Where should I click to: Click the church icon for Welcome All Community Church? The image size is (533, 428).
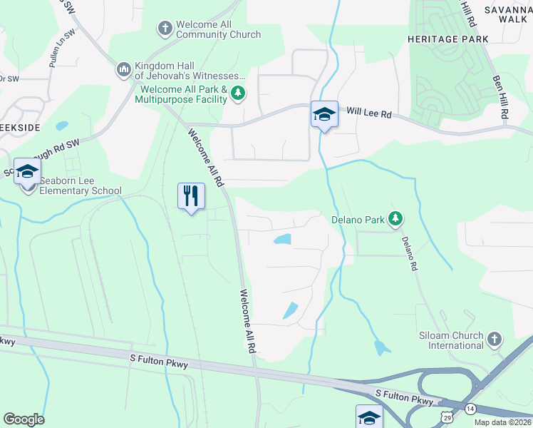pos(165,29)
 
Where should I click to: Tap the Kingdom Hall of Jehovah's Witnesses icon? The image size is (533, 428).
pos(123,69)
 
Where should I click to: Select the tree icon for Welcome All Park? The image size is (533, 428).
pos(238,93)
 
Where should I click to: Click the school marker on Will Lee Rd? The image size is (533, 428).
pos(324,114)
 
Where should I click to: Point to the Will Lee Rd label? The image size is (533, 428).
pos(369,112)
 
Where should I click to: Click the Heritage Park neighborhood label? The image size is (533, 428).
pos(447,39)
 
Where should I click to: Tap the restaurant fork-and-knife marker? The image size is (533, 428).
pos(191,195)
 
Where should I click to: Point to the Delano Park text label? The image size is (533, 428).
pos(358,220)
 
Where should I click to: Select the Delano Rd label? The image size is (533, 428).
pos(408,254)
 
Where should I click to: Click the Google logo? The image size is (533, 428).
pos(24,419)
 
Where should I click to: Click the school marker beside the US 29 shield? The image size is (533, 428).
pos(369,417)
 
